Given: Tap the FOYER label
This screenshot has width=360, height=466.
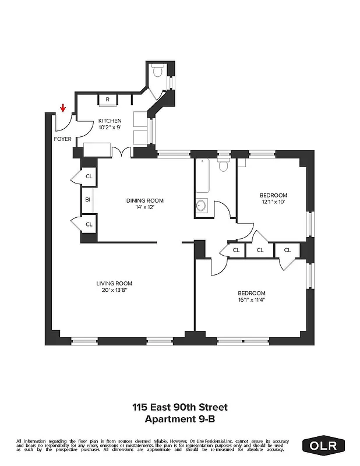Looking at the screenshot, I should click(x=62, y=139).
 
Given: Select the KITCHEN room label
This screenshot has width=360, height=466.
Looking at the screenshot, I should click(x=110, y=121).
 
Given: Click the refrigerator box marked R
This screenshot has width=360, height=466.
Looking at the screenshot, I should click(x=108, y=100).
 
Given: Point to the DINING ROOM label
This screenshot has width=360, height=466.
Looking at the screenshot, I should click(x=145, y=200).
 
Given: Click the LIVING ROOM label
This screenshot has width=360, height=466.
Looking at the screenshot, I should click(x=115, y=284).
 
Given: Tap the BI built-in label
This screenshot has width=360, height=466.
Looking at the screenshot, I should click(x=88, y=200).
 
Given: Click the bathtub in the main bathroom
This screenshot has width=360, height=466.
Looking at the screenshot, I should click(x=202, y=175).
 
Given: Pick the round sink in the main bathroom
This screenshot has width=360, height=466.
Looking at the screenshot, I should click(x=202, y=206).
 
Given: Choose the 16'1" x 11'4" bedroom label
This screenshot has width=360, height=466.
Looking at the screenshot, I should click(x=251, y=296).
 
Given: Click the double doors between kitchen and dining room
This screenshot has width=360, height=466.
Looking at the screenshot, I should click(x=123, y=153).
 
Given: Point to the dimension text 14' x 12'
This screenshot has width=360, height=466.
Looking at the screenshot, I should click(x=145, y=207).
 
